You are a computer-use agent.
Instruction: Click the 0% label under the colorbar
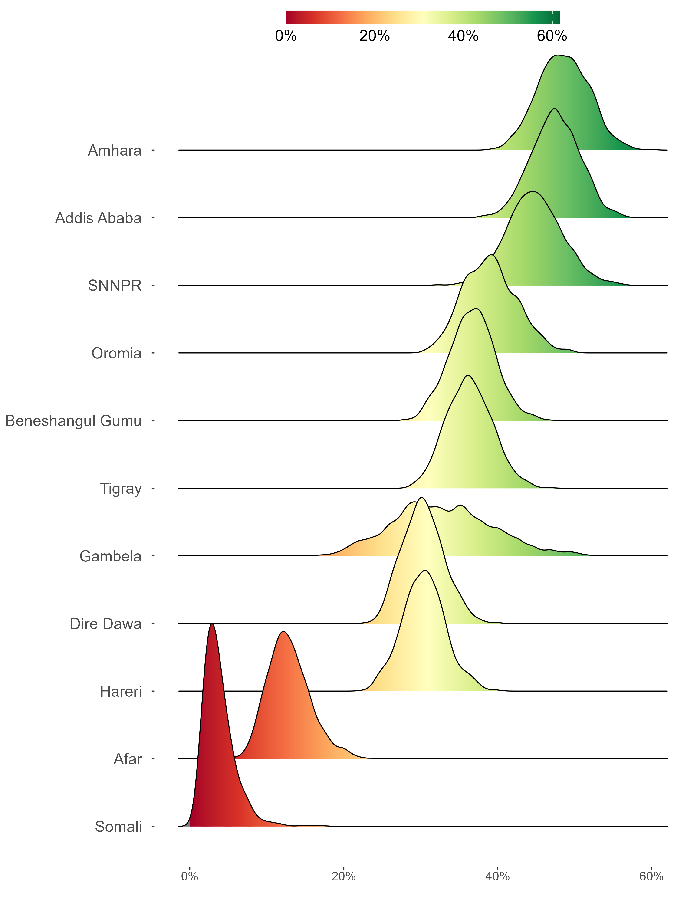(x=286, y=36)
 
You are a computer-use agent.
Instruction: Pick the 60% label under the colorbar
(x=552, y=36)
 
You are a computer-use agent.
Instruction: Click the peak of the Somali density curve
(x=212, y=624)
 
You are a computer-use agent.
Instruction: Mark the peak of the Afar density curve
(x=284, y=632)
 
